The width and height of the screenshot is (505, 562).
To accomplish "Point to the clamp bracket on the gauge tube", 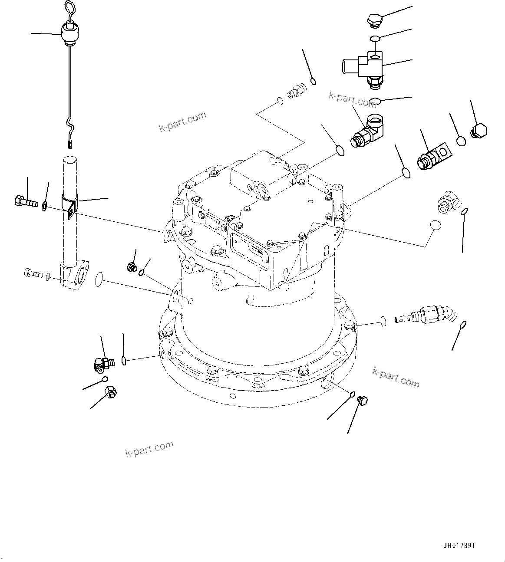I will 69,205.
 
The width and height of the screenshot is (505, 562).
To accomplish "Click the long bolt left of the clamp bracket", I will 26,201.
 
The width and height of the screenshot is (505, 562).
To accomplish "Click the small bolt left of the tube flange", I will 33,273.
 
